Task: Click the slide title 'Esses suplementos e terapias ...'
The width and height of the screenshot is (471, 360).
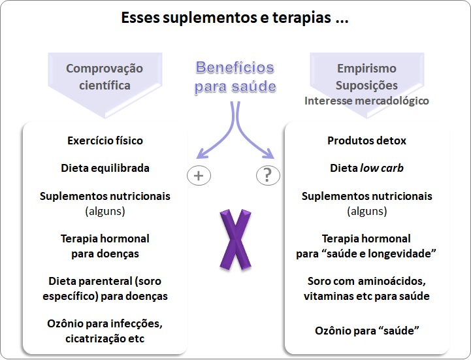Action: pyautogui.click(x=235, y=18)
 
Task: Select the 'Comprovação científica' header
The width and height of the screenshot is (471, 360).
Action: pyautogui.click(x=105, y=76)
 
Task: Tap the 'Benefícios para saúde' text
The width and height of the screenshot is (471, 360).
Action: pyautogui.click(x=235, y=76)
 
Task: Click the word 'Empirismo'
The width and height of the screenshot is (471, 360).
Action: pyautogui.click(x=366, y=69)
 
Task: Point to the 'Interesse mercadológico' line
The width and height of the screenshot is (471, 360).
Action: pyautogui.click(x=366, y=101)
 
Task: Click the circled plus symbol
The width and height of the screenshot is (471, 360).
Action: pyautogui.click(x=199, y=176)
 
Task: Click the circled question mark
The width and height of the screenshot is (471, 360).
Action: pyautogui.click(x=267, y=176)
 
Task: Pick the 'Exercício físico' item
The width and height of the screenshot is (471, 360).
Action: pyautogui.click(x=105, y=140)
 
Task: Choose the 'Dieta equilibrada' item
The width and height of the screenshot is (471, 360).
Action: pyautogui.click(x=105, y=168)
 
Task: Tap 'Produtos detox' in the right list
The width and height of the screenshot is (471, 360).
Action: pyautogui.click(x=366, y=140)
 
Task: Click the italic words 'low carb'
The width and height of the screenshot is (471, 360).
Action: pyautogui.click(x=382, y=168)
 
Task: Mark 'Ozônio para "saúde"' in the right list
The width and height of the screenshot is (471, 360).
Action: pyautogui.click(x=366, y=331)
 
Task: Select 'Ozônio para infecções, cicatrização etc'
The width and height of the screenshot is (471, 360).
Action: pyautogui.click(x=105, y=331)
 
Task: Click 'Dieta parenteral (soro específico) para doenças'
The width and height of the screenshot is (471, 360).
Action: pyautogui.click(x=105, y=288)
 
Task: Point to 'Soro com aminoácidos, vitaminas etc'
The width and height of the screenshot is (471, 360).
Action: pyautogui.click(x=366, y=288)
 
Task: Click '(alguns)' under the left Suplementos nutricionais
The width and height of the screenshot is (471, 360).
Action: pyautogui.click(x=105, y=211)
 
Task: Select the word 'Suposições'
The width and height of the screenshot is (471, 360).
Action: pyautogui.click(x=366, y=86)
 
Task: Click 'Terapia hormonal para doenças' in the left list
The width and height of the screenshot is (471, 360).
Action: pyautogui.click(x=105, y=246)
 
